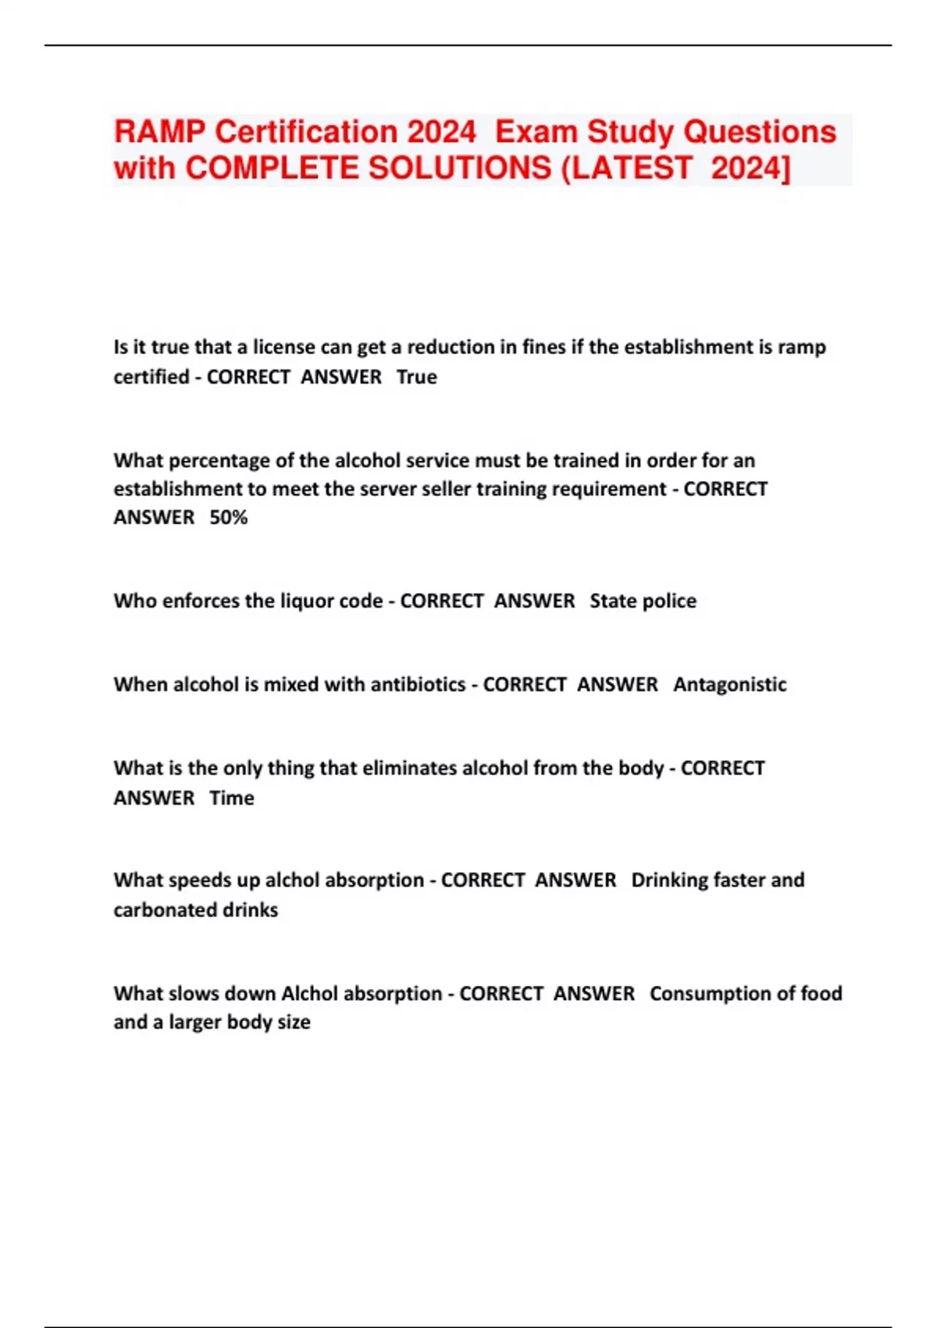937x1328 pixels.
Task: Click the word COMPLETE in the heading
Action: (x=273, y=168)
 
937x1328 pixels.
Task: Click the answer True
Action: (x=416, y=377)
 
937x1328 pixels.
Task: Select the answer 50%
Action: (x=228, y=518)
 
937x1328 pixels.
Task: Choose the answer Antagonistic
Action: (x=730, y=685)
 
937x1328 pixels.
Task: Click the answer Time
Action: (x=231, y=798)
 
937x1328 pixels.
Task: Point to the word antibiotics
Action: (x=418, y=685)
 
